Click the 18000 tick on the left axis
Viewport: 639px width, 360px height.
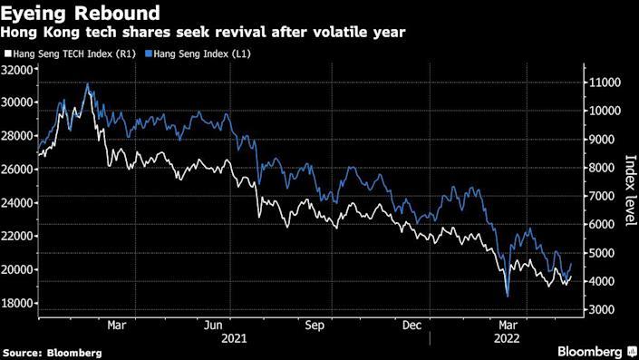click(17, 303)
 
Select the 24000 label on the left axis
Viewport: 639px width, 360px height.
click(17, 203)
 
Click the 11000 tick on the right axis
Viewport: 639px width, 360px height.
click(601, 83)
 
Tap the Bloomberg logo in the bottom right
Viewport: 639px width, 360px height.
click(589, 351)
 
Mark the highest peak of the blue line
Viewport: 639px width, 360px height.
click(88, 83)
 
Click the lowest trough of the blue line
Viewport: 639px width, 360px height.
click(508, 296)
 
